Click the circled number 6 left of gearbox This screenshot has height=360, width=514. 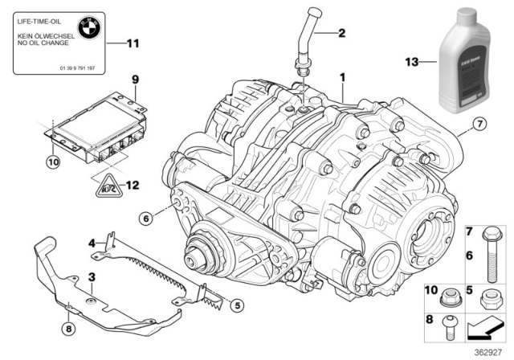[145, 218]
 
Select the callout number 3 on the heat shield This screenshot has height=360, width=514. [92, 277]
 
